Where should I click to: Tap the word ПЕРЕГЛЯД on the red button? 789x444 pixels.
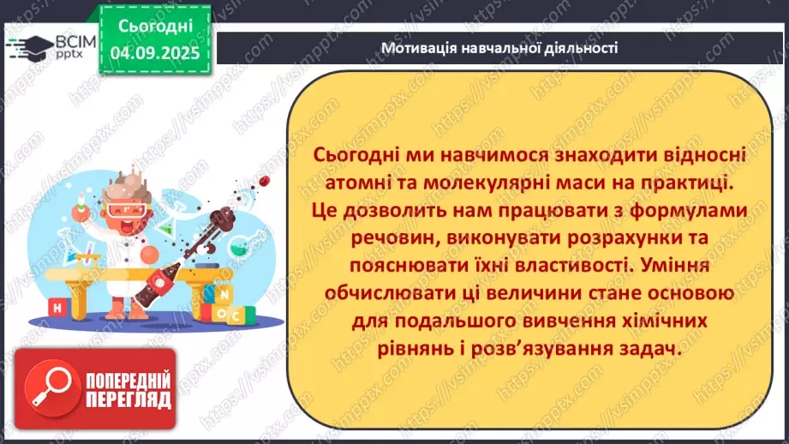[129, 400]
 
